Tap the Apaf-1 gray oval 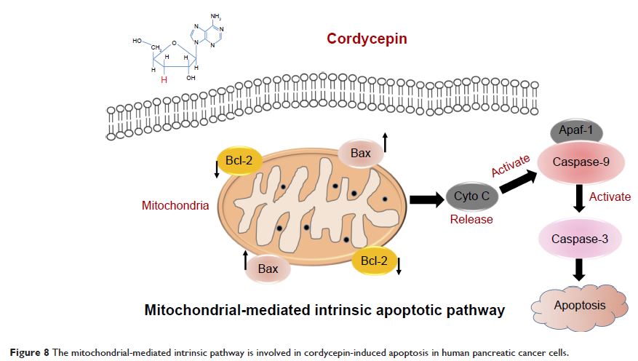tap(575, 132)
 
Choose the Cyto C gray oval tap(476, 196)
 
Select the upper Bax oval tap(361, 153)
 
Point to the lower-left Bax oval tap(267, 269)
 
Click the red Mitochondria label tap(175, 206)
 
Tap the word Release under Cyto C tap(471, 219)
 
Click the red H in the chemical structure tap(164, 80)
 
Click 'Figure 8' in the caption tap(29, 352)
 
